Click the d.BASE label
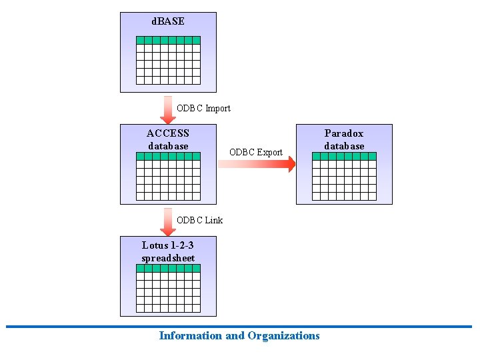(x=168, y=21)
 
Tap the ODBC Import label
(x=203, y=108)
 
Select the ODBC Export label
(x=256, y=152)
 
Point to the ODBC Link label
(x=200, y=220)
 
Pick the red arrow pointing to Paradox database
(x=257, y=164)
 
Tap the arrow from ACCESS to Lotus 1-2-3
(x=168, y=221)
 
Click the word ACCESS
(x=168, y=133)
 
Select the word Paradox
(x=344, y=133)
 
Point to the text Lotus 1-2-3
(x=168, y=245)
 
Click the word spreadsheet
(x=168, y=258)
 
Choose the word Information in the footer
(x=191, y=336)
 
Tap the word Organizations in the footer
(x=283, y=336)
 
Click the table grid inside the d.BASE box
(x=168, y=60)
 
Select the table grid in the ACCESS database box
(x=168, y=176)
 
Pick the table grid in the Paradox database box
(x=344, y=176)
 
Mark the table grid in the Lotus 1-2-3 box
(x=168, y=288)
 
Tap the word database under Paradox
(x=344, y=146)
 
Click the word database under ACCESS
(x=168, y=146)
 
